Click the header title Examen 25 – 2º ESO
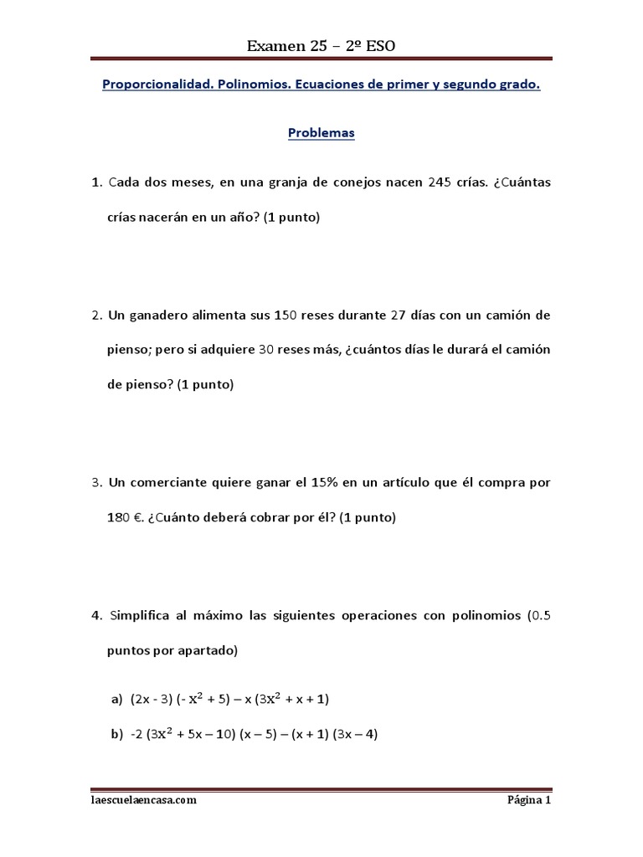click(x=321, y=46)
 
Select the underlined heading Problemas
click(x=321, y=132)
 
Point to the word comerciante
click(x=172, y=483)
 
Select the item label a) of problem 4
click(x=116, y=698)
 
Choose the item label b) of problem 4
click(x=116, y=735)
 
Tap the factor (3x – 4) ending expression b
click(x=356, y=735)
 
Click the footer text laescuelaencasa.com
click(x=144, y=800)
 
